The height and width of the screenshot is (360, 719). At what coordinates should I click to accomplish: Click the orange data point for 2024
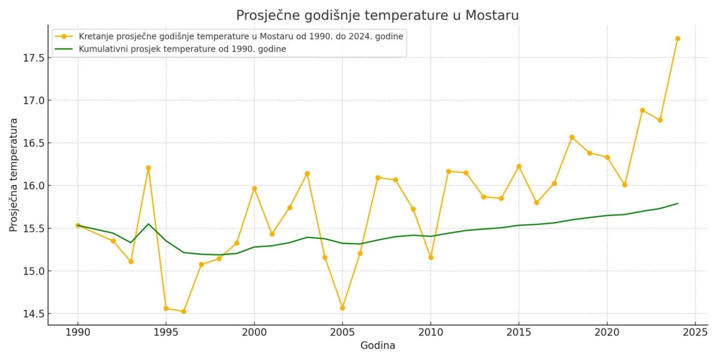click(678, 38)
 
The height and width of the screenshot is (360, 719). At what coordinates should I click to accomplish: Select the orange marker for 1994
click(148, 168)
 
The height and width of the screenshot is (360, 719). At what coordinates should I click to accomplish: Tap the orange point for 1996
click(183, 312)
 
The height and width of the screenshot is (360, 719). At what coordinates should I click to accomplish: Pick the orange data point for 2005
click(342, 308)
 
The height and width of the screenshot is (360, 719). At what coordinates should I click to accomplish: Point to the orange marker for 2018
click(572, 137)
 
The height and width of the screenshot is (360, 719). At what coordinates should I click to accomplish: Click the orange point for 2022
click(642, 110)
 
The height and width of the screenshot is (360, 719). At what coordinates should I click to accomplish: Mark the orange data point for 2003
click(307, 174)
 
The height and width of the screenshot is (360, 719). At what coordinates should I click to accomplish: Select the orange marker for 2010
click(431, 257)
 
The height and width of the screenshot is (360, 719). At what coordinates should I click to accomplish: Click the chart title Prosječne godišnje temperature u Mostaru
click(377, 15)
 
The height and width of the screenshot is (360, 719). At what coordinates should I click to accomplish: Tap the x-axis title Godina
click(377, 345)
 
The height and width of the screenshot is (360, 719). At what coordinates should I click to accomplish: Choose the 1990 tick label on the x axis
click(77, 332)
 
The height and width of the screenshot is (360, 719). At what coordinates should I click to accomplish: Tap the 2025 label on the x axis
click(695, 332)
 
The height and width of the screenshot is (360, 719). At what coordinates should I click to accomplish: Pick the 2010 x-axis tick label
click(431, 332)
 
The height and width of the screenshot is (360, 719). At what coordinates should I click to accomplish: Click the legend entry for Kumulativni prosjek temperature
click(182, 49)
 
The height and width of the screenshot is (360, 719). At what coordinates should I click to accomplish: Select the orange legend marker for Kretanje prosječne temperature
click(64, 36)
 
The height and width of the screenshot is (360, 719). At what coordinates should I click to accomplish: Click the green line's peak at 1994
click(148, 224)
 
